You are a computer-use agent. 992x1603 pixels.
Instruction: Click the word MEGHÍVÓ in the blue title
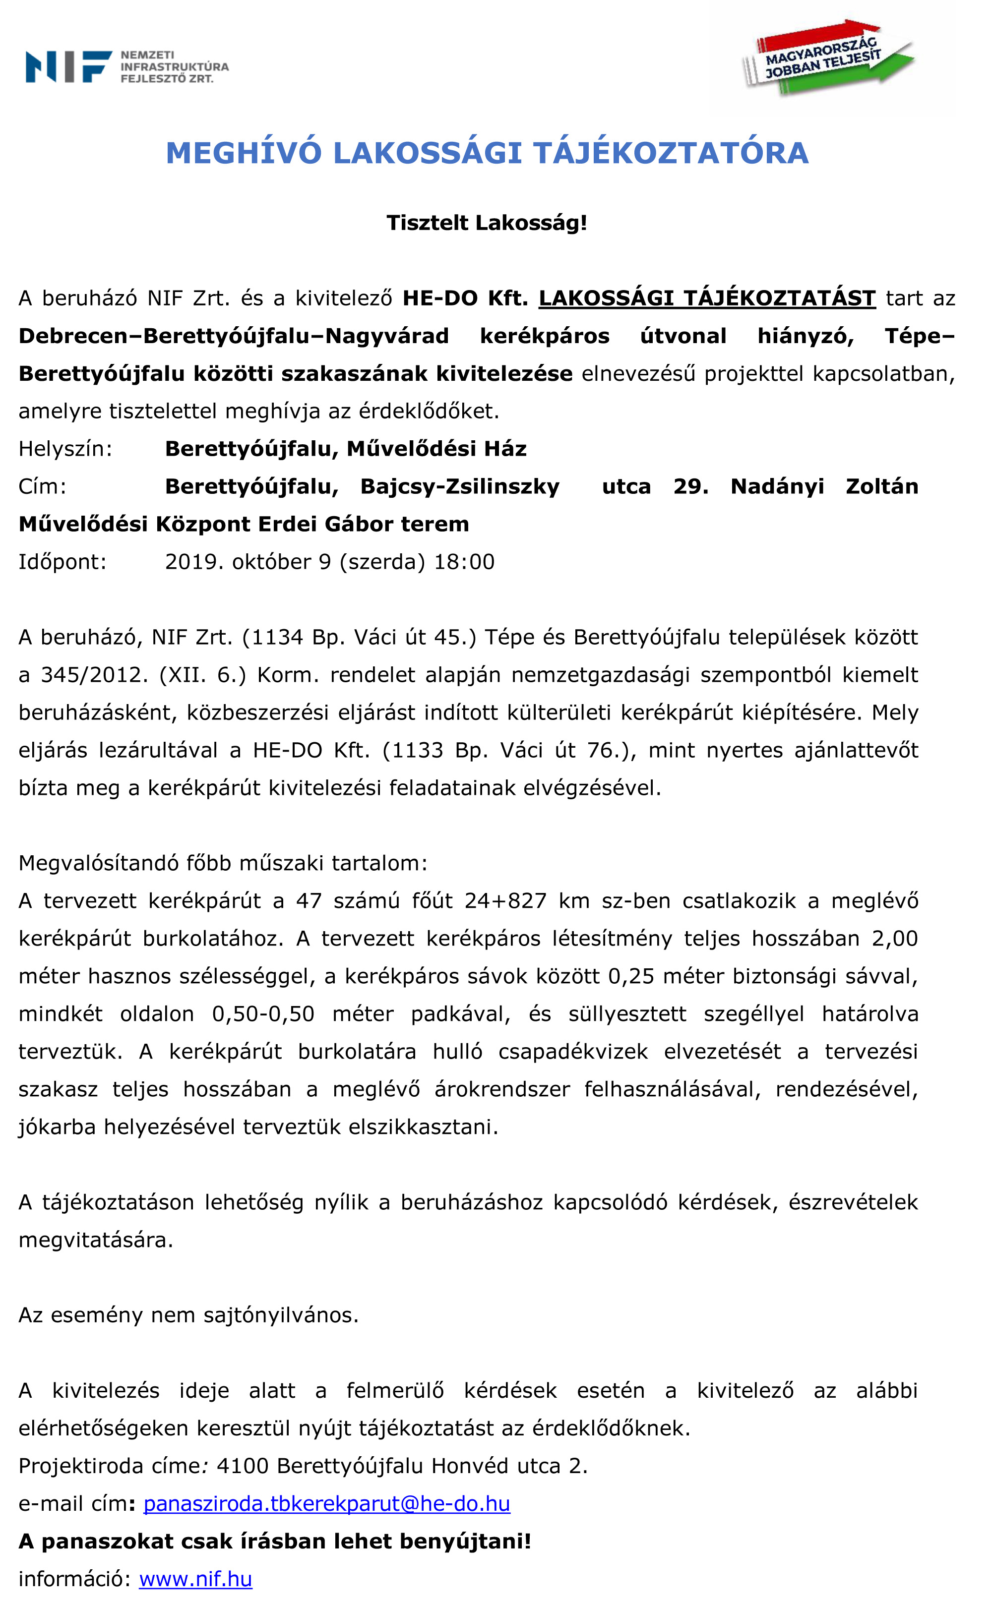tap(244, 153)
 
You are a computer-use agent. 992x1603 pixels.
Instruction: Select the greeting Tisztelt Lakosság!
tap(486, 223)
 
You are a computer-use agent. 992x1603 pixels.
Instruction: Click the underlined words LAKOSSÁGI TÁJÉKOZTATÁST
tap(707, 298)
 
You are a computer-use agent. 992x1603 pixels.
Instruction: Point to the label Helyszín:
tap(65, 449)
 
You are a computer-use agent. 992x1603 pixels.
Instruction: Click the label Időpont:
tap(62, 562)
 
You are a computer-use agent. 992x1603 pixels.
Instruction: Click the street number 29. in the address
tap(690, 487)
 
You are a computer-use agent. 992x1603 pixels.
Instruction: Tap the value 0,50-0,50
tap(263, 1014)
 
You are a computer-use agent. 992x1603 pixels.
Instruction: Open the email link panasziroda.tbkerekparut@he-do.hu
tap(327, 1504)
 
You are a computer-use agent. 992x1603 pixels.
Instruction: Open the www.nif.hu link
tap(195, 1579)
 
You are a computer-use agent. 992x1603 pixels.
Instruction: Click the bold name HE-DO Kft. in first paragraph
tap(465, 298)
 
